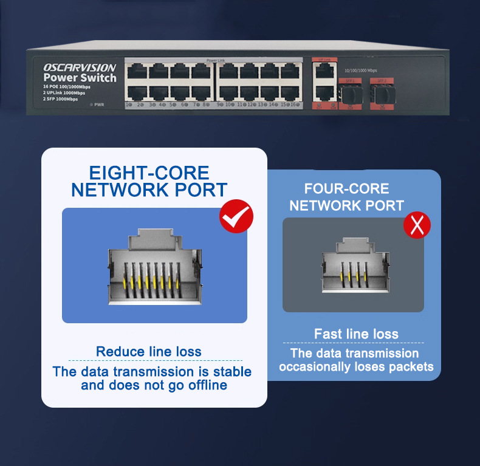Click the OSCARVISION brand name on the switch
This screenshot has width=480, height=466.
[x=80, y=67]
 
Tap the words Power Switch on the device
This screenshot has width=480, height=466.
[x=80, y=78]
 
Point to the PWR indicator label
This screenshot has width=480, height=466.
[x=99, y=105]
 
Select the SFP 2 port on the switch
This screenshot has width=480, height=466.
[x=381, y=94]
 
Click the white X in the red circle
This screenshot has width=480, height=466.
[x=417, y=225]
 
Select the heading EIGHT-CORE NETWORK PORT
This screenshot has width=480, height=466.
[x=149, y=181]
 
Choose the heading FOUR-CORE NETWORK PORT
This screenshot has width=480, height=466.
[x=346, y=197]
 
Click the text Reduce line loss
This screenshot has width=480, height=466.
[x=149, y=352]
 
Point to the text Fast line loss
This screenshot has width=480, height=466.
[x=356, y=334]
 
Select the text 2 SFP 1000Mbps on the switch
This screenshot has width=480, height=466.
[x=61, y=98]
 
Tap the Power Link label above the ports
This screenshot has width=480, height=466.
[x=215, y=60]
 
